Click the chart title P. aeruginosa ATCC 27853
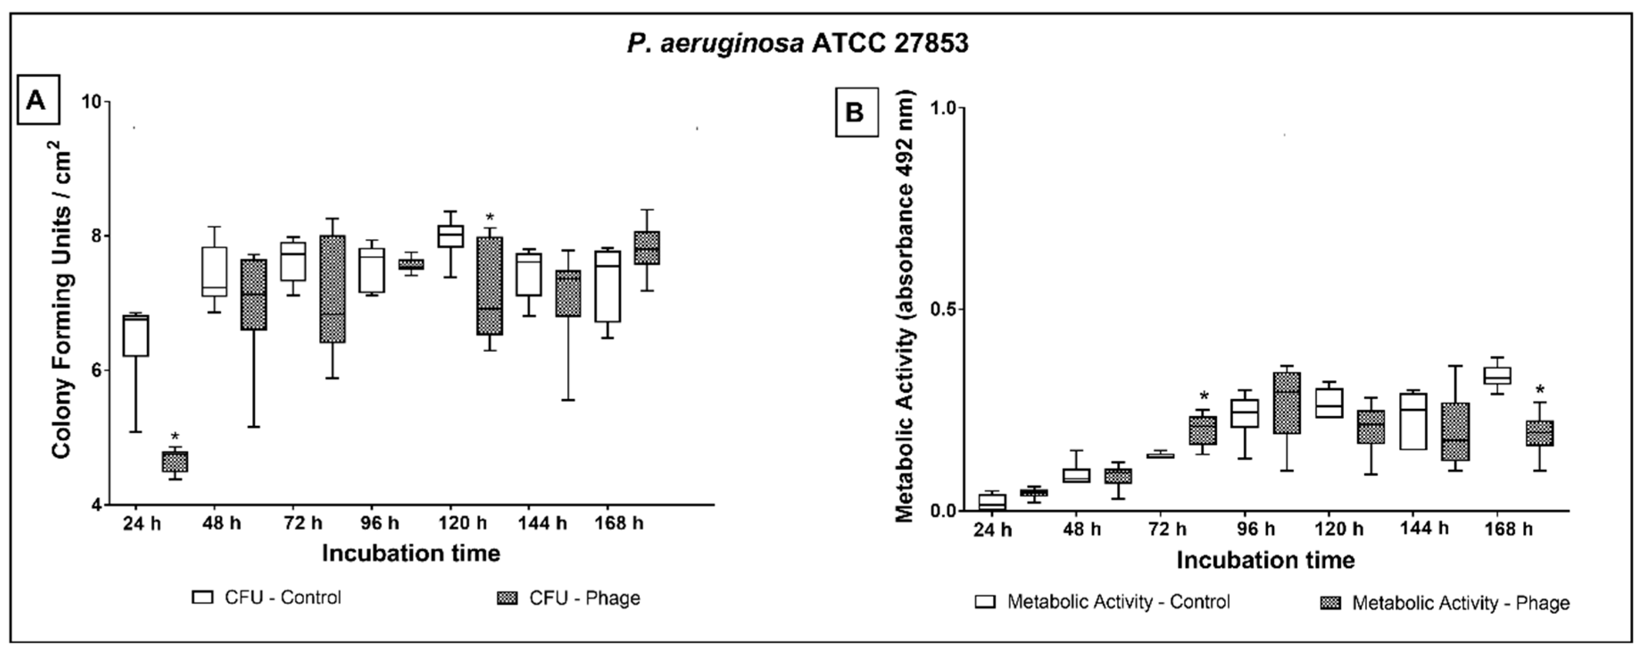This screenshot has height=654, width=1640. [x=797, y=43]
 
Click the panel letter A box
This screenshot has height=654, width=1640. [x=37, y=100]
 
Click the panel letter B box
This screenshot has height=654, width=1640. [x=856, y=112]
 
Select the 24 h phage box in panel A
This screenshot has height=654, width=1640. [x=175, y=462]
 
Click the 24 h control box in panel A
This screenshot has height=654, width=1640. [x=136, y=336]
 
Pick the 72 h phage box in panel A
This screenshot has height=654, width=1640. [x=332, y=289]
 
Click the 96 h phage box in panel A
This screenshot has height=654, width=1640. [x=411, y=264]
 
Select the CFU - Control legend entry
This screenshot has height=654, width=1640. [x=267, y=597]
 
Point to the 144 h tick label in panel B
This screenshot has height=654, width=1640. [x=1424, y=529]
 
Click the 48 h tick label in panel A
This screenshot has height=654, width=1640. [x=222, y=524]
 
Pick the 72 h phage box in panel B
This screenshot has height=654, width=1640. [x=1203, y=430]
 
